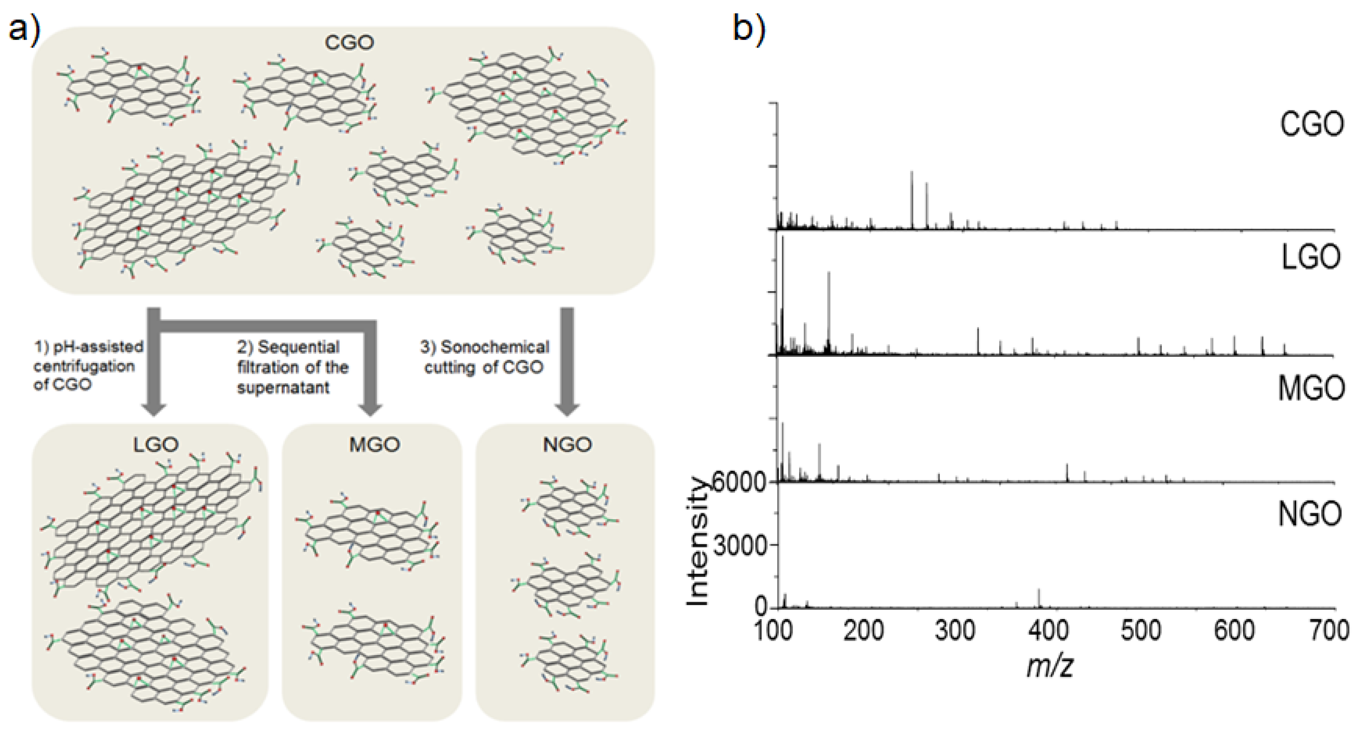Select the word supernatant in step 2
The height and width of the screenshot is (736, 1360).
tap(283, 388)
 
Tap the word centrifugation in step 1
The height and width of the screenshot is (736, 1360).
tap(84, 366)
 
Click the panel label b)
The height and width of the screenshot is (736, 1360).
tap(749, 28)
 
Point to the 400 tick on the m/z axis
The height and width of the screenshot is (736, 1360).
tap(1048, 631)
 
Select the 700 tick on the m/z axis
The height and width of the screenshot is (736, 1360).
tap(1329, 631)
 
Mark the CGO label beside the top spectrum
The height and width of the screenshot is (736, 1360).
tap(1312, 125)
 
